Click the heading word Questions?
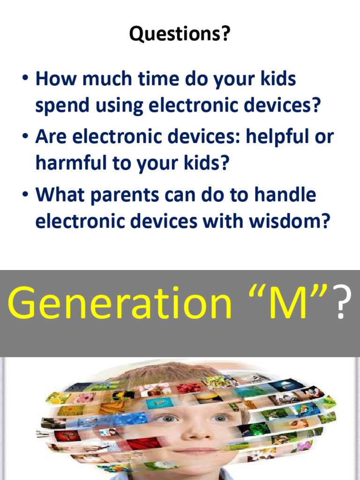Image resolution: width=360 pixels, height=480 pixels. (180, 34)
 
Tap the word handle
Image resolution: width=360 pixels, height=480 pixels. (286, 195)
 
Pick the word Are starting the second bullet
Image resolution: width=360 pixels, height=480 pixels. (52, 137)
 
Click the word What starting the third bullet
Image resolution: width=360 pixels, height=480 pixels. (60, 195)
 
